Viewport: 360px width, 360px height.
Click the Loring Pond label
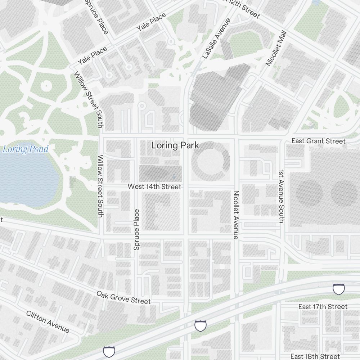(25, 149)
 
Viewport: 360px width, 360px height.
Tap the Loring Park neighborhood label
(175, 145)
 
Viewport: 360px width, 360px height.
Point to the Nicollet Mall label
(276, 48)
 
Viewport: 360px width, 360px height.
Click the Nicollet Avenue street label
(236, 215)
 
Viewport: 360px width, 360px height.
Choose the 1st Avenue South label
(282, 196)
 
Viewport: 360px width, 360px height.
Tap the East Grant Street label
(318, 141)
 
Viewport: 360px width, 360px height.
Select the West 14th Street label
(154, 186)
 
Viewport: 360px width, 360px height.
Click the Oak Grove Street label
(123, 297)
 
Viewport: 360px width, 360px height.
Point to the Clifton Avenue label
(48, 321)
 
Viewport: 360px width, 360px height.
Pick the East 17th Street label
(323, 306)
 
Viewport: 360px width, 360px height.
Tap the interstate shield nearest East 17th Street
(338, 289)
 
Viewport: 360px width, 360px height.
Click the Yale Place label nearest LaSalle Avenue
(151, 22)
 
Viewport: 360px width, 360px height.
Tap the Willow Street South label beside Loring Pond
(100, 186)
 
